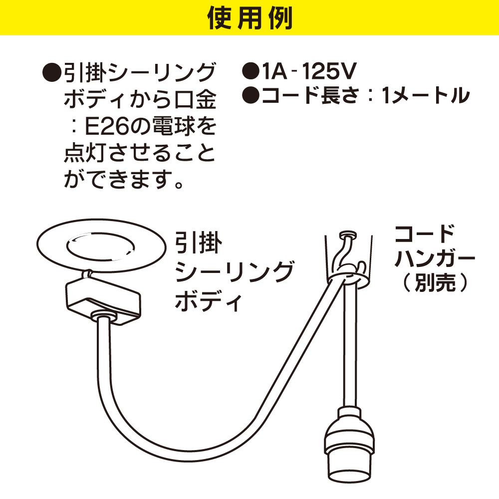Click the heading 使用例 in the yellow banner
(250, 18)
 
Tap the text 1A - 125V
(308, 71)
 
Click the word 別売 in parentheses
(435, 282)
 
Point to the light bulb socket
(349, 444)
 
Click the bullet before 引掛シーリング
(51, 72)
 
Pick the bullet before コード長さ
(251, 95)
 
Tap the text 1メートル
(426, 95)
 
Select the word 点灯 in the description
(85, 153)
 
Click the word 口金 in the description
(196, 100)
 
